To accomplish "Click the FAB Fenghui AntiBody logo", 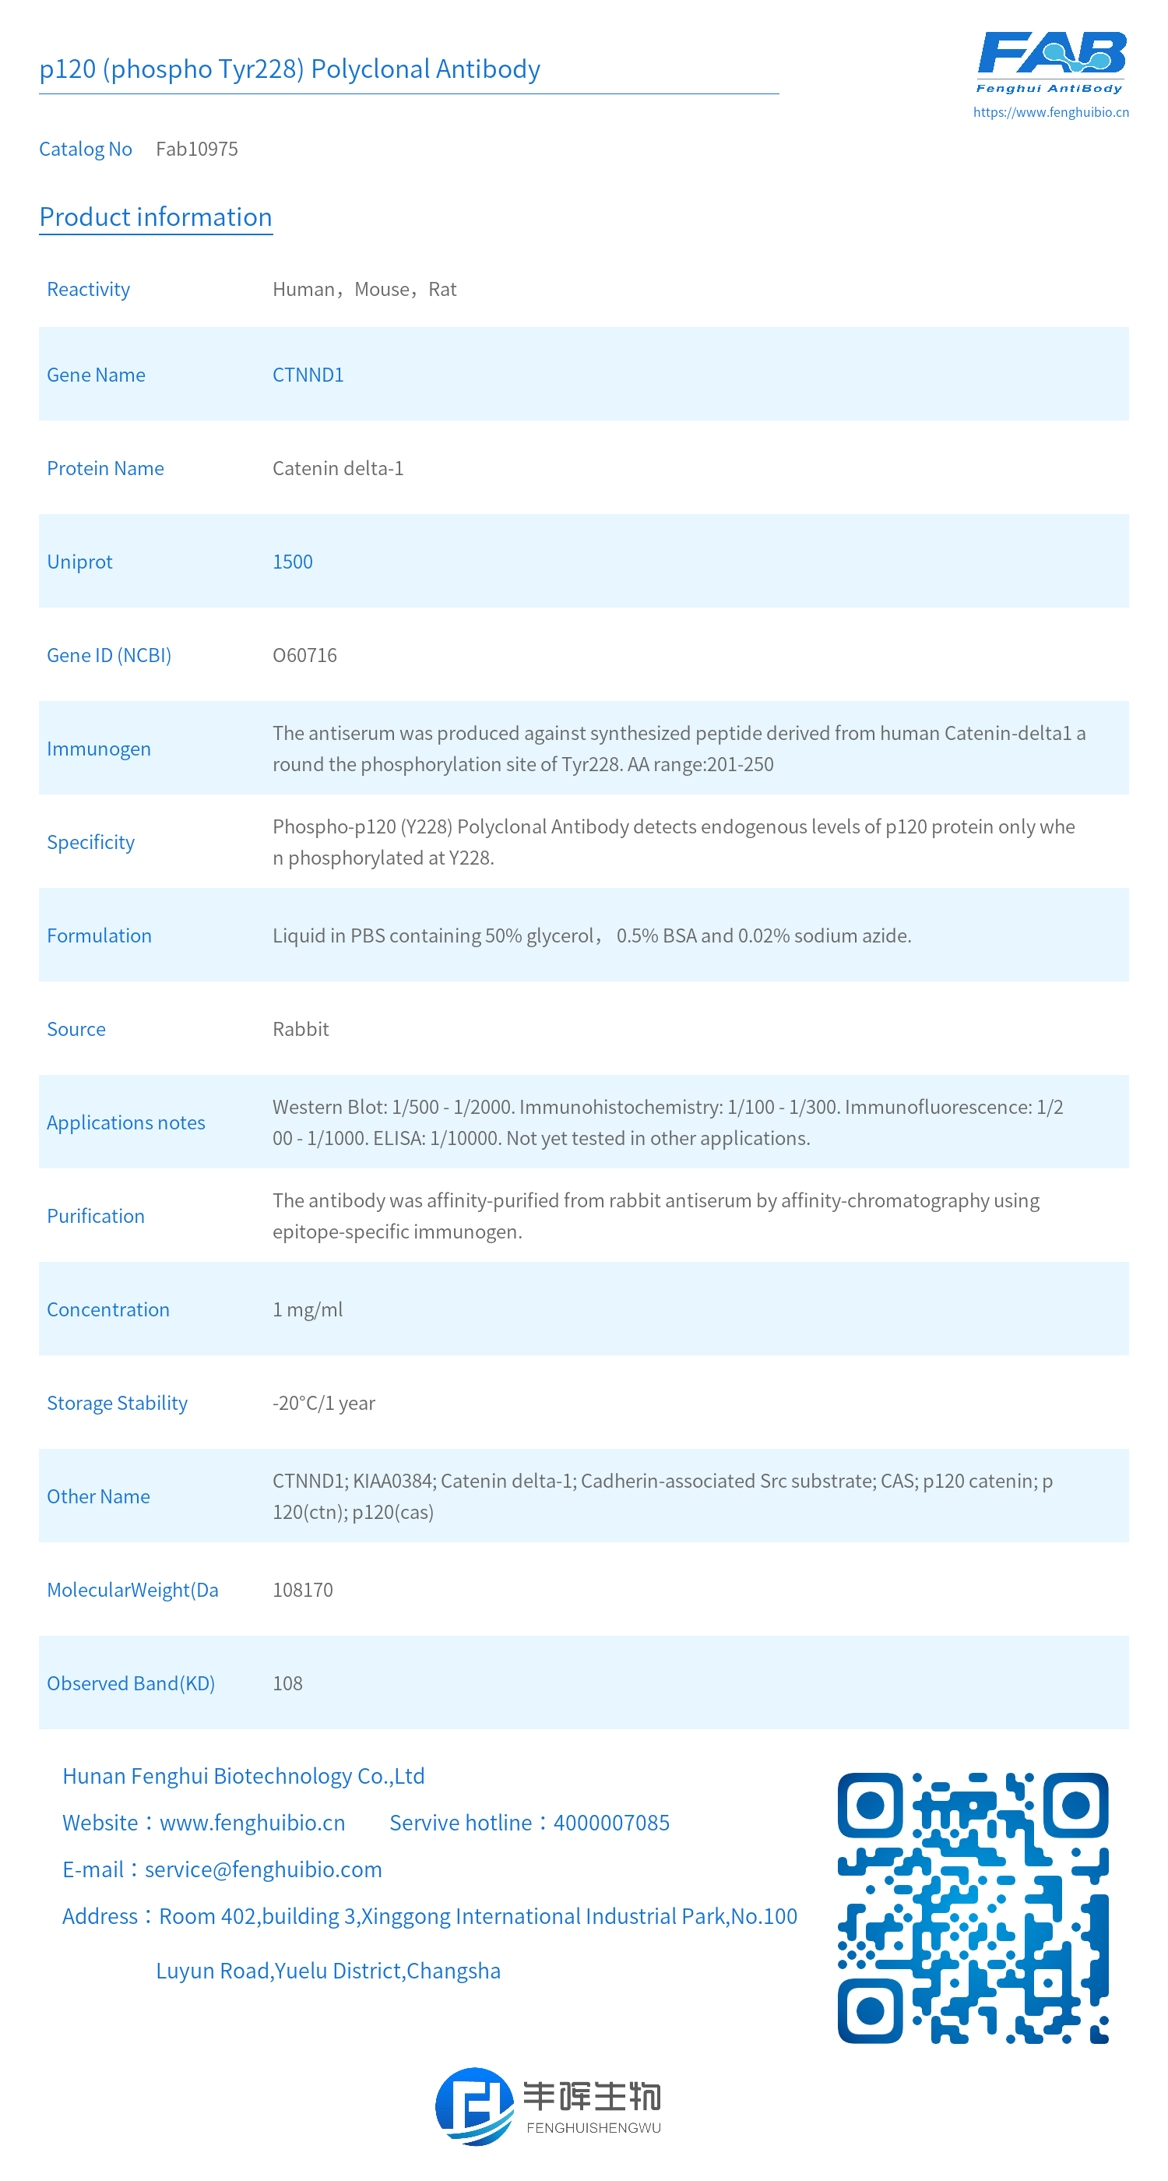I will click(x=1050, y=61).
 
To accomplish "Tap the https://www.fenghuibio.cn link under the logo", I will click(x=1050, y=111).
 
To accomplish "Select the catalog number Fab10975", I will click(x=196, y=149).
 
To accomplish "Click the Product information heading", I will click(x=156, y=217).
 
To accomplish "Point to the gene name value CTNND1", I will click(x=308, y=375).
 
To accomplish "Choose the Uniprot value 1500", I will click(x=292, y=562).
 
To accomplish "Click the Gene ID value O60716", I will click(x=304, y=655).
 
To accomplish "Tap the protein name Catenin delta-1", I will click(x=338, y=468).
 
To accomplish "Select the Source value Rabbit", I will click(x=301, y=1030).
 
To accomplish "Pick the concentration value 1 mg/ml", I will click(x=308, y=1310).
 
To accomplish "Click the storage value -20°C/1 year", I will click(x=323, y=1403).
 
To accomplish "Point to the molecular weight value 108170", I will click(x=302, y=1590).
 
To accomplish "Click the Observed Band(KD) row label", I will click(x=130, y=1683).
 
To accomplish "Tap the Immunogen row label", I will click(x=98, y=749).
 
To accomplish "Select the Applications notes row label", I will click(x=125, y=1122).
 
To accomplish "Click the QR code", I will click(x=973, y=1908).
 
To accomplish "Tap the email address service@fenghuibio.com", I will click(x=263, y=1869).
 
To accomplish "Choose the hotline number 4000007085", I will click(x=611, y=1823).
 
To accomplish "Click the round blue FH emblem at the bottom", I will click(x=474, y=2105).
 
